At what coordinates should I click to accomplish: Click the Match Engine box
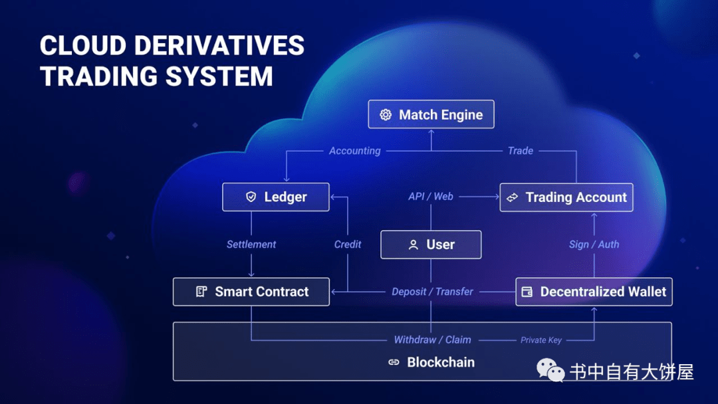[431, 114]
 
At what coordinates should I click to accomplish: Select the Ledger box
[276, 197]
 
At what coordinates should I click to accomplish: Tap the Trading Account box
[566, 197]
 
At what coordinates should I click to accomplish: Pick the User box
[431, 245]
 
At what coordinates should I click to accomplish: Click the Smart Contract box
[251, 292]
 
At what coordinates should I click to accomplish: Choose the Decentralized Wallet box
[594, 292]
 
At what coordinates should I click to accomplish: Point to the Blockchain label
[440, 362]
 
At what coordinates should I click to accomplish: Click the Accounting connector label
[354, 151]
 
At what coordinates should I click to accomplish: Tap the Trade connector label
[521, 151]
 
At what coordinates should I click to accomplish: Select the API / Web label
[431, 197]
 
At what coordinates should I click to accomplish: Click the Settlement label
[251, 245]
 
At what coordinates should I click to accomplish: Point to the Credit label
[348, 245]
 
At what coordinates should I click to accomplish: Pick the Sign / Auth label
[594, 245]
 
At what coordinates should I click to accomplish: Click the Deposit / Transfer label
[432, 292]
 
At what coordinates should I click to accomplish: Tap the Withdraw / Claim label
[432, 340]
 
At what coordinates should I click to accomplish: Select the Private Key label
[540, 340]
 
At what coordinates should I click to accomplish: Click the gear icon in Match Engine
[386, 115]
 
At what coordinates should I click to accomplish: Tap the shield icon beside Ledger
[251, 197]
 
